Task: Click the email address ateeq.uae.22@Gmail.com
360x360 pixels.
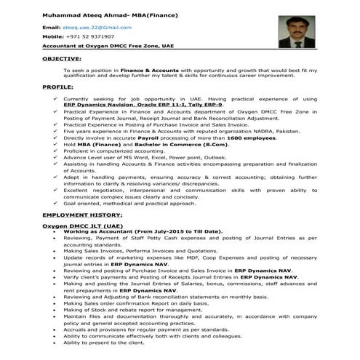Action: click(100, 26)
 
